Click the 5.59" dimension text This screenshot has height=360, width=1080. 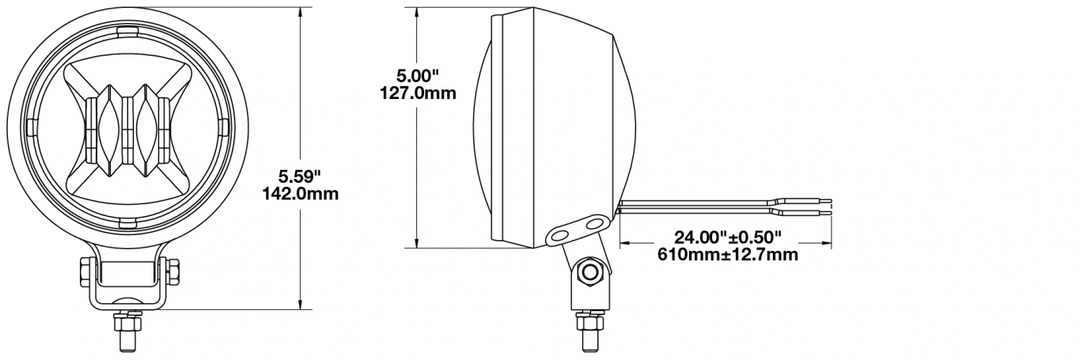(x=299, y=176)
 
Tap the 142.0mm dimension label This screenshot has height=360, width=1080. (x=300, y=194)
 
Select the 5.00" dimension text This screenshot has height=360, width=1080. (x=418, y=76)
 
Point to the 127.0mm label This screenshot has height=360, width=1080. (x=418, y=93)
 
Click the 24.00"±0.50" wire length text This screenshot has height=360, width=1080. (x=728, y=237)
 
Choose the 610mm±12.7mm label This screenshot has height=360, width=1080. (x=728, y=254)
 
